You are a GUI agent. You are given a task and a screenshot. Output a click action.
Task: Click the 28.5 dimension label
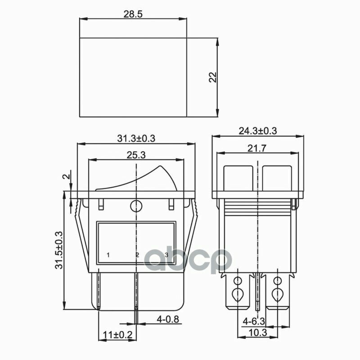pos(133,14)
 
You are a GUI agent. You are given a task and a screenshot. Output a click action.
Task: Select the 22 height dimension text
pos(213,77)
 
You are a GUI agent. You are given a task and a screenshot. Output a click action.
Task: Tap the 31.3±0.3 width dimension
pos(136,139)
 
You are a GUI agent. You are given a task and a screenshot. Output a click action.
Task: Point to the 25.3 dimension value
pos(136,155)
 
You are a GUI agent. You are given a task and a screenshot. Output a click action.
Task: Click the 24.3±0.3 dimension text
pos(258,131)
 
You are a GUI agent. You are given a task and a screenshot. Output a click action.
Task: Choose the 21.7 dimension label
pos(257,148)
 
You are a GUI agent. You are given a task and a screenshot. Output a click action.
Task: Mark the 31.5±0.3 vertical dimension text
pos(59,250)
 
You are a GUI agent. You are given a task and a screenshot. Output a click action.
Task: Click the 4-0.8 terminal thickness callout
pos(167,319)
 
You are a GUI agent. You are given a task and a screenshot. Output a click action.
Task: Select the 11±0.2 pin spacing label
pos(117,335)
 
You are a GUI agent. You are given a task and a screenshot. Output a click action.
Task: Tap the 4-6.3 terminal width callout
pos(254,321)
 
